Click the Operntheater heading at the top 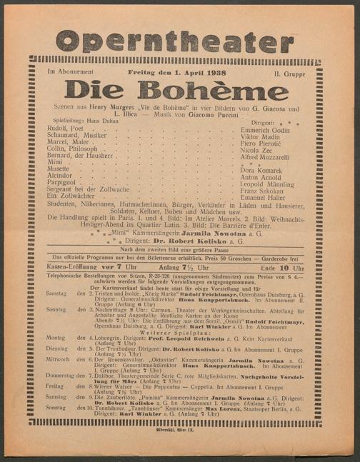175,41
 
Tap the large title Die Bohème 176,90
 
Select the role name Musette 59,169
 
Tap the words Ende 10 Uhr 289,267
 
